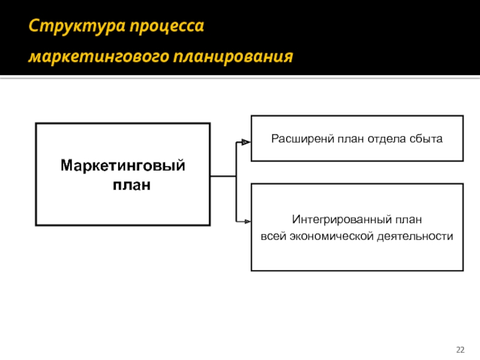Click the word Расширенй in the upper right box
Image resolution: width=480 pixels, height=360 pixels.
pos(294,139)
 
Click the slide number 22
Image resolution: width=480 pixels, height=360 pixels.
pos(461,349)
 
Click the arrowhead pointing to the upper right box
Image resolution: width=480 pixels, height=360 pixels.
pos(245,142)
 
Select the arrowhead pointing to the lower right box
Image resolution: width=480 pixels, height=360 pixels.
pos(245,221)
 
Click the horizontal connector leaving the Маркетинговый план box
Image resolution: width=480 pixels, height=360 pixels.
pos(223,176)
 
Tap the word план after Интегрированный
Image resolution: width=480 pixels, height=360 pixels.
pos(410,220)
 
